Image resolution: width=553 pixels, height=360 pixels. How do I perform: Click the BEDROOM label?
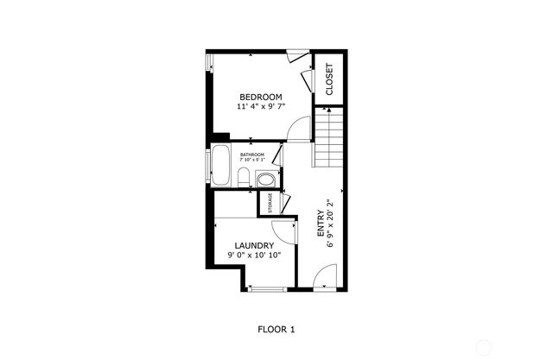point(261,95)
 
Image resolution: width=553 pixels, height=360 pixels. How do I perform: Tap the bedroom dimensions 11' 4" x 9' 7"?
point(261,106)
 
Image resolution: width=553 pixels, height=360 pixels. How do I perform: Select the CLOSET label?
point(329,79)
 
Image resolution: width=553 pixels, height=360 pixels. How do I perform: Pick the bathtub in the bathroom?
point(221,166)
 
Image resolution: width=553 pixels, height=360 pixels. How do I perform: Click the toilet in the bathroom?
point(244,179)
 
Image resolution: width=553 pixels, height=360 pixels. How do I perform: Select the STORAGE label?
point(270,203)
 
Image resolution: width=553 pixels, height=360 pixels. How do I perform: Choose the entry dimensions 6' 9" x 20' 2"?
point(330,226)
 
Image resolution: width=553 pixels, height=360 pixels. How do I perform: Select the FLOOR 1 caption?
point(276,329)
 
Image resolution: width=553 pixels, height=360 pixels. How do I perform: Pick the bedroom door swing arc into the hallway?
point(298,129)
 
